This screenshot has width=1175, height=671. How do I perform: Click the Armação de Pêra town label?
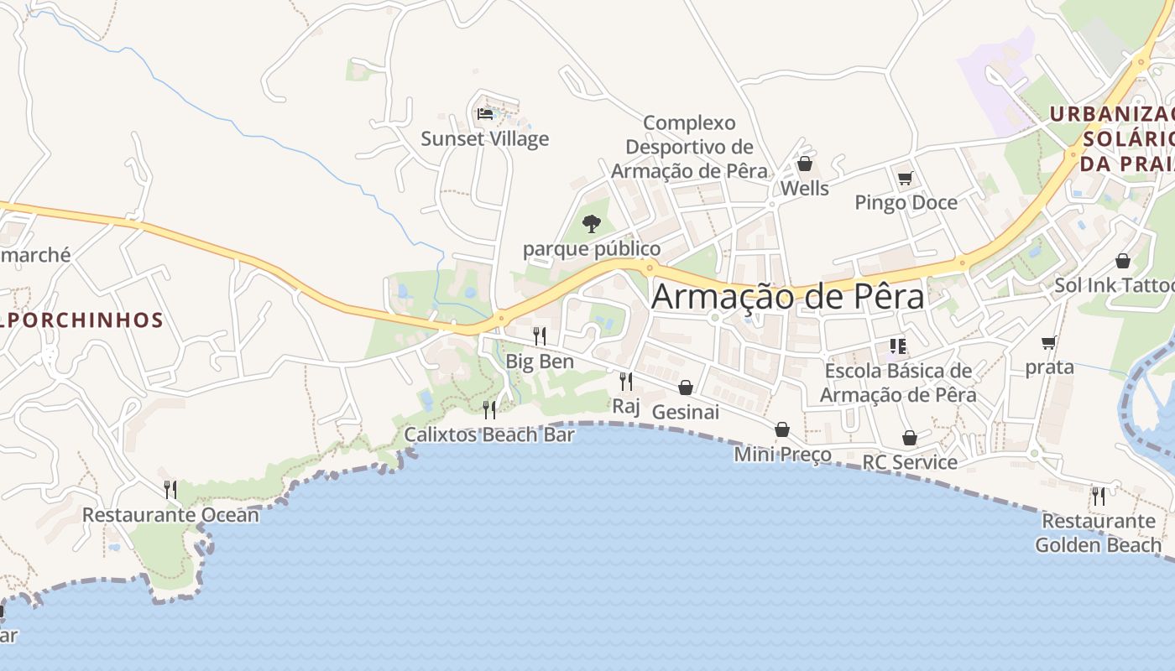pos(787,296)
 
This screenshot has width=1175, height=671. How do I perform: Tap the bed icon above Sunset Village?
pos(484,113)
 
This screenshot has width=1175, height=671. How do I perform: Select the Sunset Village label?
pos(484,138)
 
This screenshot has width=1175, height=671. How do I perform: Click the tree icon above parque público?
pos(592,223)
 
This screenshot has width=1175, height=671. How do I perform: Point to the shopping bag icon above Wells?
pos(805,164)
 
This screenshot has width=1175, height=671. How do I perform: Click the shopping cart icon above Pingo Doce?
pos(905,178)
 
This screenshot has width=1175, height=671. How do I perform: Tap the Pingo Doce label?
pos(906,202)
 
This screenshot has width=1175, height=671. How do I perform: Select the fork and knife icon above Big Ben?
pos(540,336)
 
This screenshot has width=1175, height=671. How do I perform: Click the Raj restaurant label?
pos(626,407)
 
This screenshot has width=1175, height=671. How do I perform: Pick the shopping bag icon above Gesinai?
pos(686,388)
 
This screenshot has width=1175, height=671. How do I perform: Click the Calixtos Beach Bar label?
pos(489,434)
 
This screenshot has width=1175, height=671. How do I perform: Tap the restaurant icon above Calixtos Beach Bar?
pos(489,409)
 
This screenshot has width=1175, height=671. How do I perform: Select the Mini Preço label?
pos(782,455)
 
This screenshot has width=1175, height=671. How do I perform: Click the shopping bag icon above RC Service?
pos(910,438)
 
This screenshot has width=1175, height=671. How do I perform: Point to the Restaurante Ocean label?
pos(170,514)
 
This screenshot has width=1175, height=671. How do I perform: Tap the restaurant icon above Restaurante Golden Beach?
pos(1098,496)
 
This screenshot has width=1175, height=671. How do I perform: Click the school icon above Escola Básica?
pos(898,346)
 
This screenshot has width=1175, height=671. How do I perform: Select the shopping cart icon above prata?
pos(1048,342)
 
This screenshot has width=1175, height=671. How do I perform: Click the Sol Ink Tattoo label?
pos(1114,285)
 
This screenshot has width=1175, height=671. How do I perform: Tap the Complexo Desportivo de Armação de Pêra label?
pos(689,147)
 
